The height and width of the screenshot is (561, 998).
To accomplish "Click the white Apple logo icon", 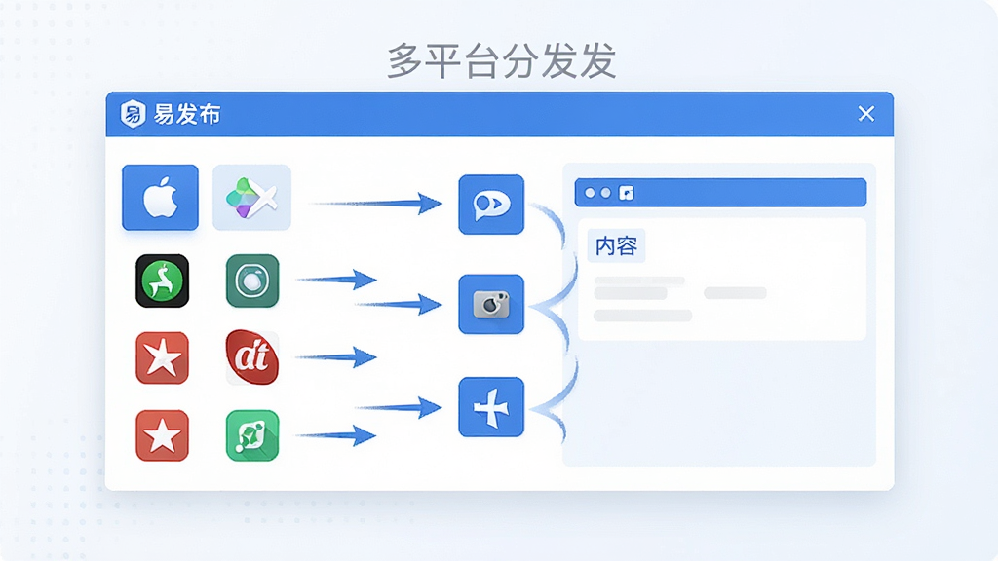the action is [x=160, y=197].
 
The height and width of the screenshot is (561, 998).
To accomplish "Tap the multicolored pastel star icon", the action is [x=251, y=197].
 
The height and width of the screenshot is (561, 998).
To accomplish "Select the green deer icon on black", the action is [x=163, y=281].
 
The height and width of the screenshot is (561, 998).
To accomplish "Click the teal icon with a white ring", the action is [x=252, y=281].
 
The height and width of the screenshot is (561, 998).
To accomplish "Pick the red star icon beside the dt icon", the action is [x=163, y=358].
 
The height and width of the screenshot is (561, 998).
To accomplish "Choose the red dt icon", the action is [x=252, y=357].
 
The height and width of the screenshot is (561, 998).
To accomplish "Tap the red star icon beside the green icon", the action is [x=163, y=435].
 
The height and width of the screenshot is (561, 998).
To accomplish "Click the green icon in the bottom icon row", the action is [x=252, y=435].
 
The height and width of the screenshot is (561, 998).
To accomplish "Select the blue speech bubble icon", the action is [x=491, y=205].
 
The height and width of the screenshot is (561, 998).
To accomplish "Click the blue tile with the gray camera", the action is [x=491, y=304].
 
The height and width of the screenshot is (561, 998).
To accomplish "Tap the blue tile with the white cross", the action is [x=491, y=407].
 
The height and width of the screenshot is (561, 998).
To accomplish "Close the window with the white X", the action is [x=866, y=114].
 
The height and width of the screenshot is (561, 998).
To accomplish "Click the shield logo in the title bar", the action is [x=133, y=115].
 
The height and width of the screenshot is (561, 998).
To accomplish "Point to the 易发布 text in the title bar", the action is [x=187, y=115].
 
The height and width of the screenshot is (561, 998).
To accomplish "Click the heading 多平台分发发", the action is [x=502, y=61].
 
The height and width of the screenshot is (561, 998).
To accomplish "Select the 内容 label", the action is [x=616, y=246].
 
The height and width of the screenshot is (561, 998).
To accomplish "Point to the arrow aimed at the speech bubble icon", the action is [x=375, y=204].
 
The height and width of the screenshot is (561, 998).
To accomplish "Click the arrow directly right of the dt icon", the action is [x=336, y=357].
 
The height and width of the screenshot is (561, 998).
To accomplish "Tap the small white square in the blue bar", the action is [x=627, y=193].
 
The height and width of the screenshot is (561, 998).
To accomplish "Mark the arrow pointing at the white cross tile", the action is [x=399, y=408].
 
